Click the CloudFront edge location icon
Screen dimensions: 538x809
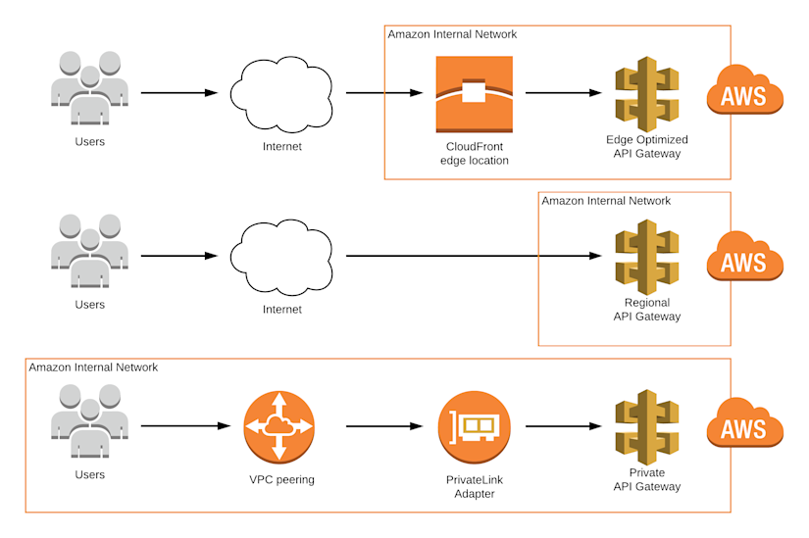point(475,94)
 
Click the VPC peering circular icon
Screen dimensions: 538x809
point(279,426)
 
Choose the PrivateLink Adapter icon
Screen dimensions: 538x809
point(475,426)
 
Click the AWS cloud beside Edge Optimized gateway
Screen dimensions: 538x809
point(745,95)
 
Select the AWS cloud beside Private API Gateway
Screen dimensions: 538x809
point(745,426)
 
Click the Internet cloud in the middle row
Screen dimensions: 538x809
point(282,258)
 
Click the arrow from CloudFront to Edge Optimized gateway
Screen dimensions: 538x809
point(563,94)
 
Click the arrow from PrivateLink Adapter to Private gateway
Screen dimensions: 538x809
point(563,426)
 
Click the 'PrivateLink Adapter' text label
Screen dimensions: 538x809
point(475,487)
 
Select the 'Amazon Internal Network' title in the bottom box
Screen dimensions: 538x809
point(93,367)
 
